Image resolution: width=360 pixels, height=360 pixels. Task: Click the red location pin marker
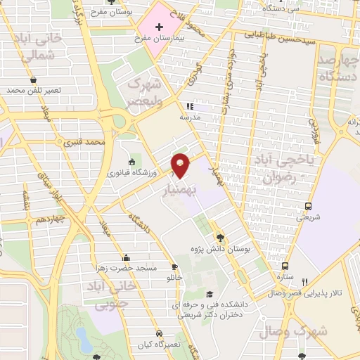[x=181, y=165]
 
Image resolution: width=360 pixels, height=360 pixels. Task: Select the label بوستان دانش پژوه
[x=220, y=250]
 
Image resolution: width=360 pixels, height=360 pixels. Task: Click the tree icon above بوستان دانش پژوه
[x=220, y=238]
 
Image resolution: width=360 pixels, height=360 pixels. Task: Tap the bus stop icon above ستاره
[x=285, y=266]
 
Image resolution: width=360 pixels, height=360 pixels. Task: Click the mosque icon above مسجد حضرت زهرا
[x=126, y=257]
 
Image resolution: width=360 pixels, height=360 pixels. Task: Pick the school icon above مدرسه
[x=190, y=106]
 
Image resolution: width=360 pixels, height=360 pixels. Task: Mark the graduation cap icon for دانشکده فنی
[x=209, y=295]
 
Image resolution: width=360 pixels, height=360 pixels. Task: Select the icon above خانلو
[x=174, y=267]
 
